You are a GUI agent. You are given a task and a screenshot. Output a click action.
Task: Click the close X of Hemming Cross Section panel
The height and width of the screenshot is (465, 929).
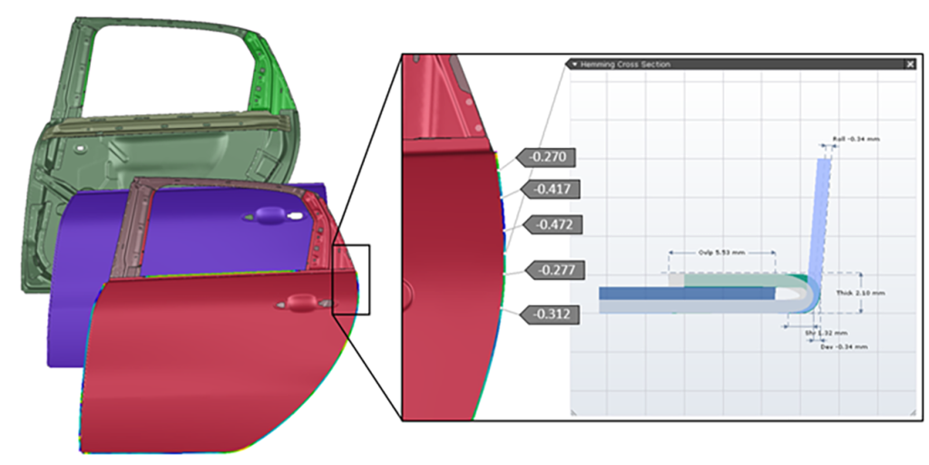pos(910,64)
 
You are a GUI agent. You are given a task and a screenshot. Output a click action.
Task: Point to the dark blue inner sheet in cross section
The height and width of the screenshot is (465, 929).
pos(680,293)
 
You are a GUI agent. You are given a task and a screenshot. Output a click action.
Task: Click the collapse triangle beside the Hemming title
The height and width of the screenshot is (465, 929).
pos(573,64)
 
